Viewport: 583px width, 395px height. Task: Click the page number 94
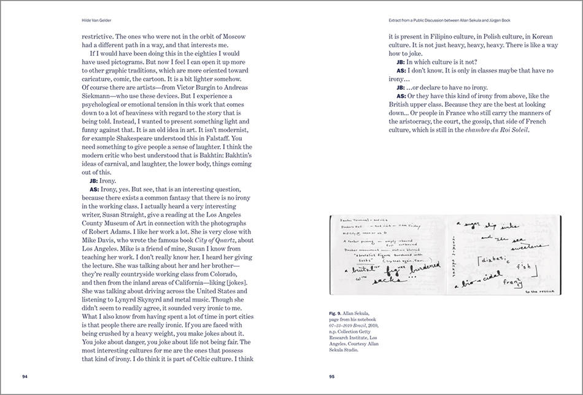pyautogui.click(x=25, y=376)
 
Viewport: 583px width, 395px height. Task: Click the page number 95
pyautogui.click(x=331, y=376)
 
